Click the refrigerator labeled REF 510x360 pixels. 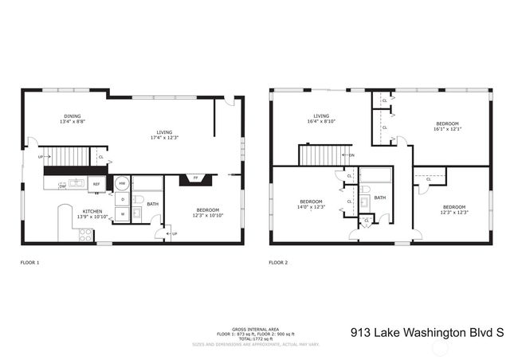pyautogui.click(x=96, y=184)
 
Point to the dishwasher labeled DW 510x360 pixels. pyautogui.click(x=62, y=186)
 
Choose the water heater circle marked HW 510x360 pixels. pyautogui.click(x=122, y=183)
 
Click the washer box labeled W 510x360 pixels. pyautogui.click(x=122, y=213)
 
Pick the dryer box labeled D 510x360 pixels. pyautogui.click(x=122, y=198)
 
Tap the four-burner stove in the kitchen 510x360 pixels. pyautogui.click(x=84, y=234)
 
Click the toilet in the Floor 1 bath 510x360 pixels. pyautogui.click(x=138, y=199)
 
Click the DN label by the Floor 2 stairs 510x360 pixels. pyautogui.click(x=351, y=155)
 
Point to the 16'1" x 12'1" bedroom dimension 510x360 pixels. pyautogui.click(x=447, y=129)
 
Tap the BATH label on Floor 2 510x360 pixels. pyautogui.click(x=380, y=198)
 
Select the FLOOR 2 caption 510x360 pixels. pyautogui.click(x=278, y=262)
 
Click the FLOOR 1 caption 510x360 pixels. pyautogui.click(x=29, y=262)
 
